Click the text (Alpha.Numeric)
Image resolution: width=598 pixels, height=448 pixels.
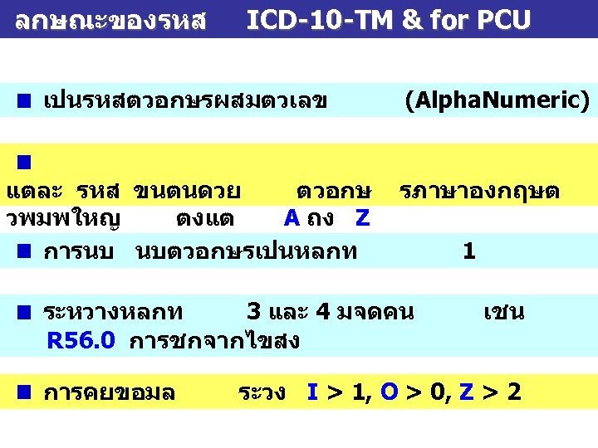coord(497,101)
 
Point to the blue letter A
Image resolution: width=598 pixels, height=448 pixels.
coord(292,218)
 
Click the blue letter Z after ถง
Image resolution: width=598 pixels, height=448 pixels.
coord(362,218)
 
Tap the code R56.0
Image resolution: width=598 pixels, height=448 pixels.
coord(81,340)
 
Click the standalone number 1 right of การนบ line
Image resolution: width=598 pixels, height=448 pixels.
coord(469,250)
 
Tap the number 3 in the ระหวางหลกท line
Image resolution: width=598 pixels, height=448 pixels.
coord(253,313)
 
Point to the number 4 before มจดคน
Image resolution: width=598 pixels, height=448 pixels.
coord(324,313)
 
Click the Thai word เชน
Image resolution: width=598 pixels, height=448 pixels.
coord(504,313)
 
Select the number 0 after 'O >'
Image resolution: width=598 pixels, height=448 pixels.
coord(436,392)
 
